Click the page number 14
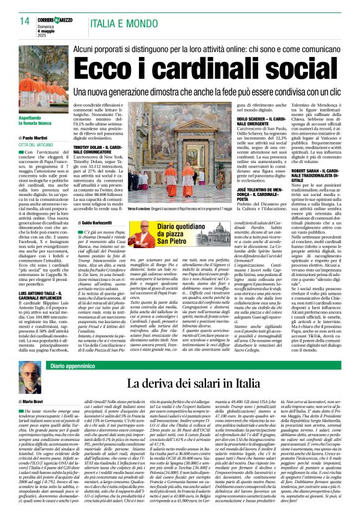[24, 21]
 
